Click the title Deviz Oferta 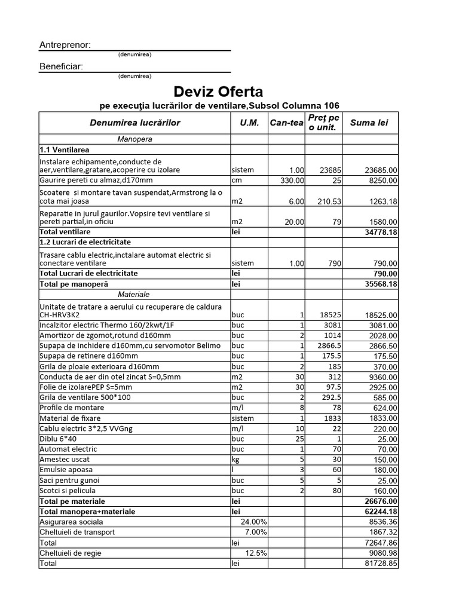pos(218,91)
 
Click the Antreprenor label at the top pos(65,45)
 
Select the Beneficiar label pos(61,66)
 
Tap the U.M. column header pos(249,123)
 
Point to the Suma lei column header pos(369,123)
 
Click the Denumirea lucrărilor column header pos(134,123)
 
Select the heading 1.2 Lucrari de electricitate pos(85,242)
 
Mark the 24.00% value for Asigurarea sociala pos(253,522)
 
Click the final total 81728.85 pos(381,564)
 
